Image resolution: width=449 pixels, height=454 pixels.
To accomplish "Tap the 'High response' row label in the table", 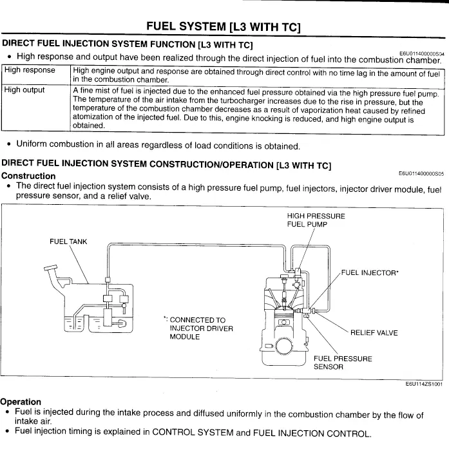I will coord(30,70).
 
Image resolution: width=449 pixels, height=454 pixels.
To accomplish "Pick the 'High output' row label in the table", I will coord(24,90).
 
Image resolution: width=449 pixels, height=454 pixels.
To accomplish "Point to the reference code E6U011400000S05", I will coord(421,173).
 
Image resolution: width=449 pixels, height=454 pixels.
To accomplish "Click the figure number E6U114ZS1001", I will coord(423,384).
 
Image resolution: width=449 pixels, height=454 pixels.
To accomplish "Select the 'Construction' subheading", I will coord(28,176).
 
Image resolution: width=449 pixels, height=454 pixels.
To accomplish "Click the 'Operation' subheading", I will coord(21,402).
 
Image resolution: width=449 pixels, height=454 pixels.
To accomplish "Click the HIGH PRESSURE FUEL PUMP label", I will coord(316,220).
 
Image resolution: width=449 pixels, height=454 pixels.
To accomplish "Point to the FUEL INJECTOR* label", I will coord(370,272).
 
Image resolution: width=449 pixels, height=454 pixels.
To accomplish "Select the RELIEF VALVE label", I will coord(374,333).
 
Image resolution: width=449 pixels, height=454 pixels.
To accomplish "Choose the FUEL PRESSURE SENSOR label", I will coord(342,363).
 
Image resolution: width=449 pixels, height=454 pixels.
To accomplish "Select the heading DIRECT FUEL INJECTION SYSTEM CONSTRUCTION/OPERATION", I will coord(166,164).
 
